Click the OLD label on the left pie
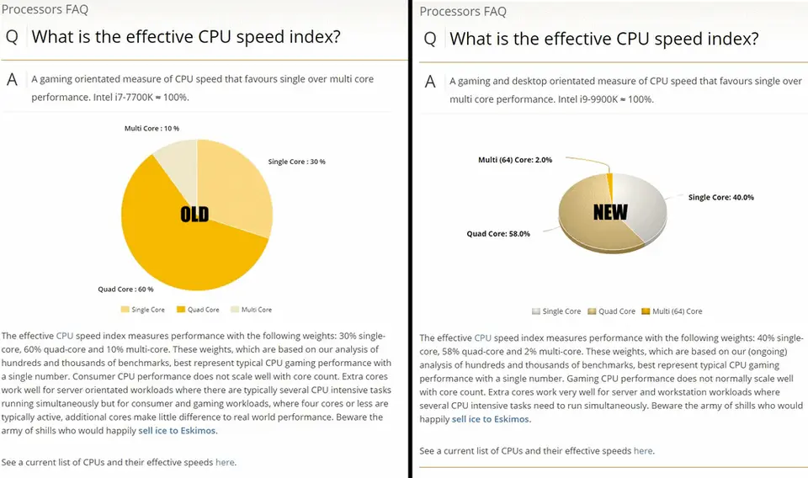pyautogui.click(x=194, y=214)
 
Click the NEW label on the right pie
pyautogui.click(x=609, y=211)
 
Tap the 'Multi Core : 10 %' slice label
pyautogui.click(x=151, y=128)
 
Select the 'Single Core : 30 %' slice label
pyautogui.click(x=296, y=162)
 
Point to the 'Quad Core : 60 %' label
pyautogui.click(x=125, y=289)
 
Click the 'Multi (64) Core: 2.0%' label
pyautogui.click(x=515, y=159)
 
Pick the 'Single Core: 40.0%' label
pyautogui.click(x=720, y=197)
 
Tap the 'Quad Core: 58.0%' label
pyautogui.click(x=498, y=234)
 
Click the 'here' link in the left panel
pyautogui.click(x=225, y=462)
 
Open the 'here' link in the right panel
pyautogui.click(x=642, y=450)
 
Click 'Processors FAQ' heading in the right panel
pyautogui.click(x=463, y=11)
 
